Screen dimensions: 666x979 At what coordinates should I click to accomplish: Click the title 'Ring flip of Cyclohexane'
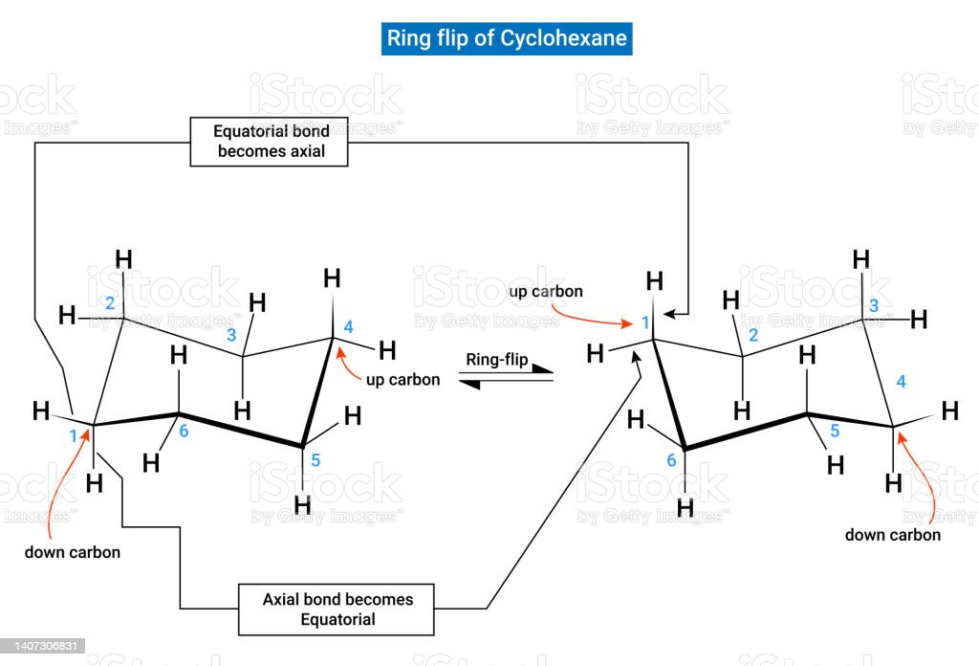[507, 38]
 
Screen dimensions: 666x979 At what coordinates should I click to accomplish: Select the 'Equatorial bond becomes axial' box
[270, 141]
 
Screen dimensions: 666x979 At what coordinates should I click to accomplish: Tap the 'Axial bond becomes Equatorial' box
[337, 609]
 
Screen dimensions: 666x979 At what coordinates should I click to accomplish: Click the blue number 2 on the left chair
[110, 303]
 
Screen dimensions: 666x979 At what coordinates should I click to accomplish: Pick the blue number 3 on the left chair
[229, 335]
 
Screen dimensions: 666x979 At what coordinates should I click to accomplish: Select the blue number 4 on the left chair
[348, 327]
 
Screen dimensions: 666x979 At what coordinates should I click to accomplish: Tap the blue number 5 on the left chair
[315, 460]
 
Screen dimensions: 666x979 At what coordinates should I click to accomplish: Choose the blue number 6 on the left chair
[185, 432]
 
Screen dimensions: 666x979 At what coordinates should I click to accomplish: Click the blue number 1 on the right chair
[645, 322]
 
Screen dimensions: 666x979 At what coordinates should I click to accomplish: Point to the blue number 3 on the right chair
[872, 306]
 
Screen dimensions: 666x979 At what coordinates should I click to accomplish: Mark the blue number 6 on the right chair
[671, 460]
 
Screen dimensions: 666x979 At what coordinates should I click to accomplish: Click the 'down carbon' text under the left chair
[73, 552]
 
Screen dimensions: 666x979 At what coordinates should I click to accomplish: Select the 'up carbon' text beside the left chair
[402, 379]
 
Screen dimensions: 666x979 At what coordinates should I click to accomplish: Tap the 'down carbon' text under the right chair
[892, 535]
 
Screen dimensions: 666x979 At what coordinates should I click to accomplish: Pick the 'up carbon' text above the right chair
[546, 290]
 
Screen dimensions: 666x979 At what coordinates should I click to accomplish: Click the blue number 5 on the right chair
[834, 432]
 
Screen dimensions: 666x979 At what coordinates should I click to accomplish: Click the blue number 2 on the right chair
[753, 335]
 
